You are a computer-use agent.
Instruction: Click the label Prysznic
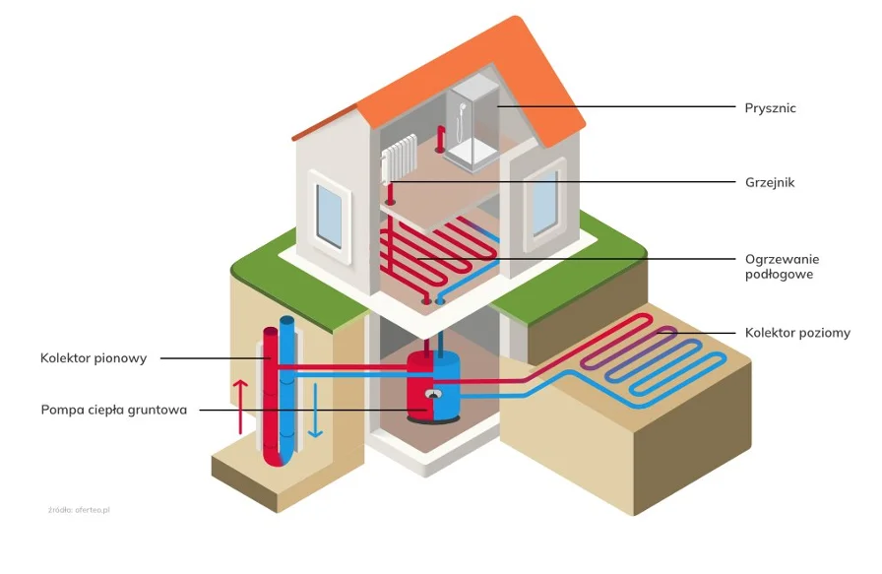click(770, 108)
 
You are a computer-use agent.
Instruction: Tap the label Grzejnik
click(769, 182)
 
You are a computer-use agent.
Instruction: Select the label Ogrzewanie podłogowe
click(782, 267)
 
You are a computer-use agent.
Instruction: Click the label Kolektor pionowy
click(94, 358)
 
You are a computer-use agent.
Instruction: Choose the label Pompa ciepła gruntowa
click(114, 410)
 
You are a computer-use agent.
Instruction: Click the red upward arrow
click(239, 405)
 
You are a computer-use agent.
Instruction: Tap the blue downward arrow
click(314, 411)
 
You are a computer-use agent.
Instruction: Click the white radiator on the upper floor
click(399, 159)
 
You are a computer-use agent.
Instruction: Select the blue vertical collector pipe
click(287, 384)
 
